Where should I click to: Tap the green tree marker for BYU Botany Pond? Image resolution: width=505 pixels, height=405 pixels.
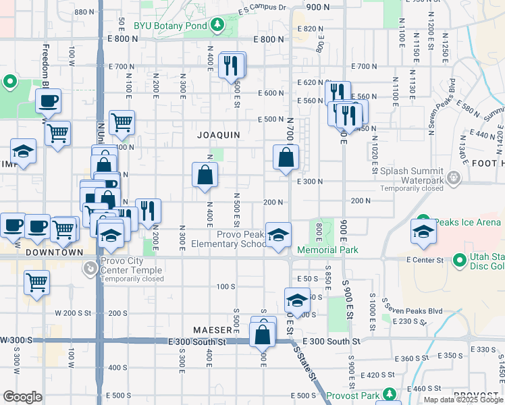(x=217, y=26)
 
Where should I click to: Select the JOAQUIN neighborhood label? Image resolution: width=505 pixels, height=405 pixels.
(x=218, y=135)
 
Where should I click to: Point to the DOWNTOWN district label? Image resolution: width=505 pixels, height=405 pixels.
(x=54, y=252)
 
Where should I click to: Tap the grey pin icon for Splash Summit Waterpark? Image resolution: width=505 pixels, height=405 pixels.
(x=453, y=178)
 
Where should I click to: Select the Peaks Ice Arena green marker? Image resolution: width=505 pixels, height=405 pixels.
(x=423, y=221)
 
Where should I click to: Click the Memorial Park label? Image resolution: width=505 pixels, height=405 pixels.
(x=327, y=250)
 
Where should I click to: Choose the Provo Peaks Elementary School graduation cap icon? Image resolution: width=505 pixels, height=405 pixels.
(x=277, y=235)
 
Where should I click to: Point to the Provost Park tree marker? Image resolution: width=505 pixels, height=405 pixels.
(x=389, y=394)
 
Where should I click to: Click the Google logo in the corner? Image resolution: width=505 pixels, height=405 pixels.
(x=22, y=397)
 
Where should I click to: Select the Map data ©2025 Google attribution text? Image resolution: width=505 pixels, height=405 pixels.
(x=463, y=400)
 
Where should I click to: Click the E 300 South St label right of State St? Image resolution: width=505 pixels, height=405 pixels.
(x=332, y=342)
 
